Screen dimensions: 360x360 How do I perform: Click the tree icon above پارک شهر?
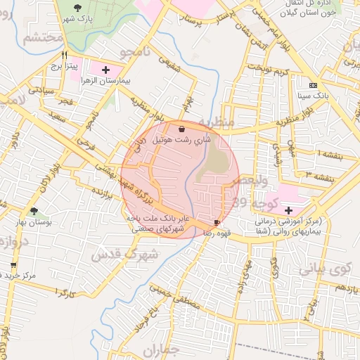pyautogui.click(x=77, y=6)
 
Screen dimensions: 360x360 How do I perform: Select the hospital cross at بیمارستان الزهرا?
pyautogui.click(x=105, y=70)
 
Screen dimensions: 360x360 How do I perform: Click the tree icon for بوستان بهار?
pyautogui.click(x=34, y=211)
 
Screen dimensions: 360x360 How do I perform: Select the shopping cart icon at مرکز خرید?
pyautogui.click(x=13, y=265)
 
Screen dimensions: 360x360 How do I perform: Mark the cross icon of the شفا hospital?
pyautogui.click(x=288, y=210)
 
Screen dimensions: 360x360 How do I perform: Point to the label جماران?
pyautogui.click(x=161, y=350)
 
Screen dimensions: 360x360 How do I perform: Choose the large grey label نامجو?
pyautogui.click(x=132, y=51)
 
